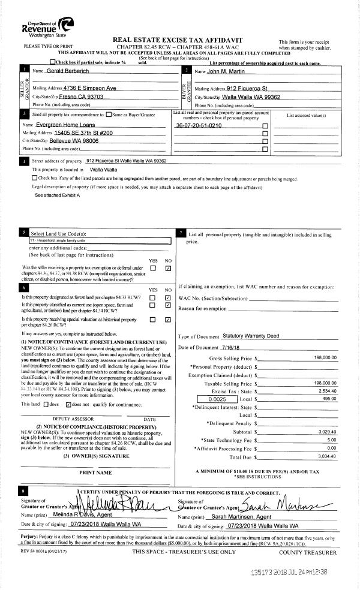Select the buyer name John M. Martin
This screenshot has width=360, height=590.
coord(224,71)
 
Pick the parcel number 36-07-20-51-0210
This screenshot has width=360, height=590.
coord(199,126)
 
